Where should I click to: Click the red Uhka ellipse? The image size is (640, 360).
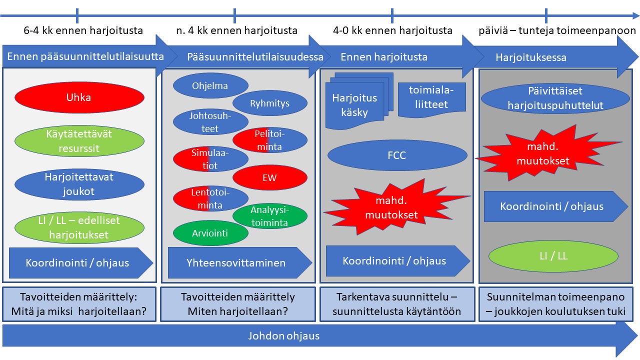[x=79, y=97]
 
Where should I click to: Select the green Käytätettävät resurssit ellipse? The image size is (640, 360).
[x=79, y=141]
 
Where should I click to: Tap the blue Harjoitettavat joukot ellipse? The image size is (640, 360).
[x=79, y=184]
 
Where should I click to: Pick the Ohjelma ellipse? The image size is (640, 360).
[x=210, y=86]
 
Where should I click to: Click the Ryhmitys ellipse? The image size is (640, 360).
[x=270, y=104]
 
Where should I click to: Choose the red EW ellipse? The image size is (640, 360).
[x=270, y=177]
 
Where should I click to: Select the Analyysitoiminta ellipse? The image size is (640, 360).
[x=270, y=216]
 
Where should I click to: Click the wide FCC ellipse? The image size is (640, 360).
[x=396, y=155]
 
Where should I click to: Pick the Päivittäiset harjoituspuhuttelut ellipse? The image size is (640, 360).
[x=555, y=98]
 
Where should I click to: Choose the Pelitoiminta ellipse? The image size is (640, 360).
[x=270, y=140]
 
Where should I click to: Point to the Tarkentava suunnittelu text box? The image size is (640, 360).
[x=397, y=304]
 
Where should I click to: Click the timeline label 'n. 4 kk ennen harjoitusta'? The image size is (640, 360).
[x=237, y=30]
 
